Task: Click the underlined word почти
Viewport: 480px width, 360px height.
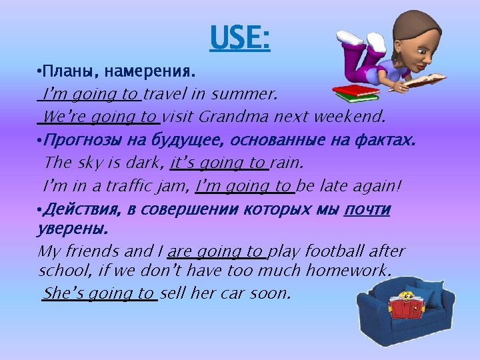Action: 367,210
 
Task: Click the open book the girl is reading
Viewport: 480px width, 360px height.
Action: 427,81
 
